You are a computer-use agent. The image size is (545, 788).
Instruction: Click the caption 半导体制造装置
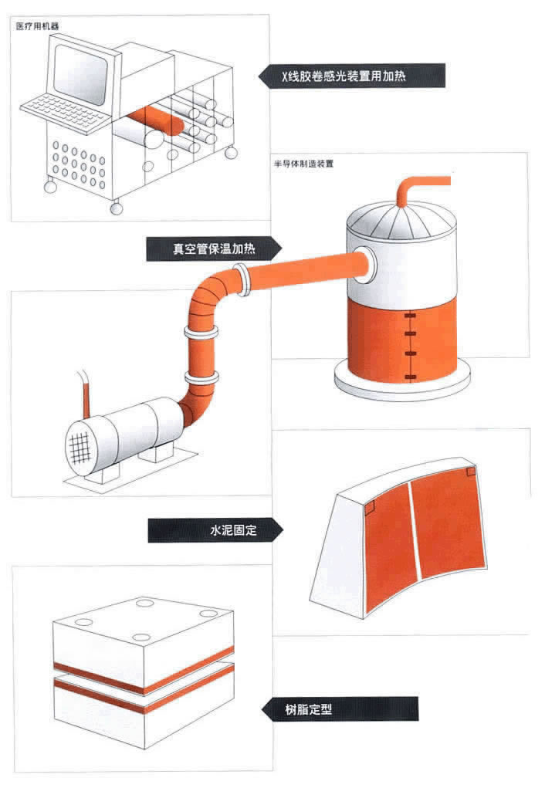pyautogui.click(x=303, y=164)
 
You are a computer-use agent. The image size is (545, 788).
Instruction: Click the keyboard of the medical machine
pyautogui.click(x=66, y=110)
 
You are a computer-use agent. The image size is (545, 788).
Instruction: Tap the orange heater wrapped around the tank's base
pyautogui.click(x=401, y=340)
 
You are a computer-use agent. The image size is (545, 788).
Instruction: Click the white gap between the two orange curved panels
pyautogui.click(x=415, y=533)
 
